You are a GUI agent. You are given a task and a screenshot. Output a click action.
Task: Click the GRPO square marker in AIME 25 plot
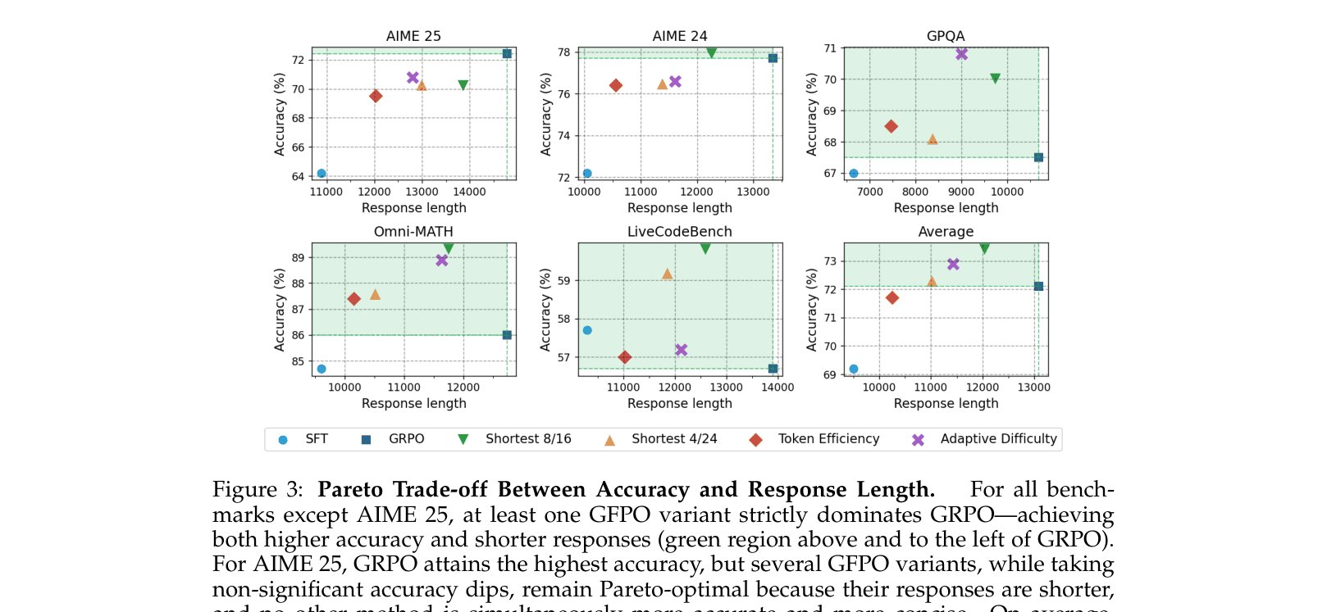(x=507, y=53)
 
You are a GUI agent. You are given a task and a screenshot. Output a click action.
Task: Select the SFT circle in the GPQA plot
(x=854, y=173)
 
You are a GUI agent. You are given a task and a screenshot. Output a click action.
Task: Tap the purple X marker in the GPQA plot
(x=962, y=53)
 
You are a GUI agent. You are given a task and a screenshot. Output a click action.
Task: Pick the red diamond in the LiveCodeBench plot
(x=625, y=357)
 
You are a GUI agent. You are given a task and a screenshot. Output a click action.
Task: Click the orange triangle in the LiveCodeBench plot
(x=667, y=274)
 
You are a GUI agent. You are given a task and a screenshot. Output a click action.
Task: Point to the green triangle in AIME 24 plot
(x=711, y=52)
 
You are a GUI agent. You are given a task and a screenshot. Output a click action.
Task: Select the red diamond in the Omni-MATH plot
(x=354, y=299)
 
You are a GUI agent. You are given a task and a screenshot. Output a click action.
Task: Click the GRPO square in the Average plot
(x=1038, y=286)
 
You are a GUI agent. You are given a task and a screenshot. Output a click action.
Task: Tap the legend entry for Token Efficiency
(x=828, y=439)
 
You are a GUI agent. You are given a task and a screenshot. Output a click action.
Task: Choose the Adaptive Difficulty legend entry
(x=998, y=439)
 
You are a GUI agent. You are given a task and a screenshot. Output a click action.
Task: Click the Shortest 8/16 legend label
(x=528, y=439)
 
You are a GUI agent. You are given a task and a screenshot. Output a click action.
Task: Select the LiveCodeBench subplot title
(x=679, y=232)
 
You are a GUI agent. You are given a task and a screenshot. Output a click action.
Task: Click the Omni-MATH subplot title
(x=413, y=232)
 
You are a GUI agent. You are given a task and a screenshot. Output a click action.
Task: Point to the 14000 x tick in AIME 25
(x=469, y=192)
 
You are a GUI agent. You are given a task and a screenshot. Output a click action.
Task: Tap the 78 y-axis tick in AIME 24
(x=563, y=52)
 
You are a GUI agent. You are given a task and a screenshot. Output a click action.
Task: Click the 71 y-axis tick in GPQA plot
(x=830, y=48)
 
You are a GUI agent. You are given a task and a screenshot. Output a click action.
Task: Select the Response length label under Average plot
(x=946, y=403)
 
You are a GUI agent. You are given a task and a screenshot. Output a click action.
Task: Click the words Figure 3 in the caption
(x=257, y=490)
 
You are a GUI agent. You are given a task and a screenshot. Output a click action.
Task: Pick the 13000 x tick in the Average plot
(x=1033, y=388)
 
